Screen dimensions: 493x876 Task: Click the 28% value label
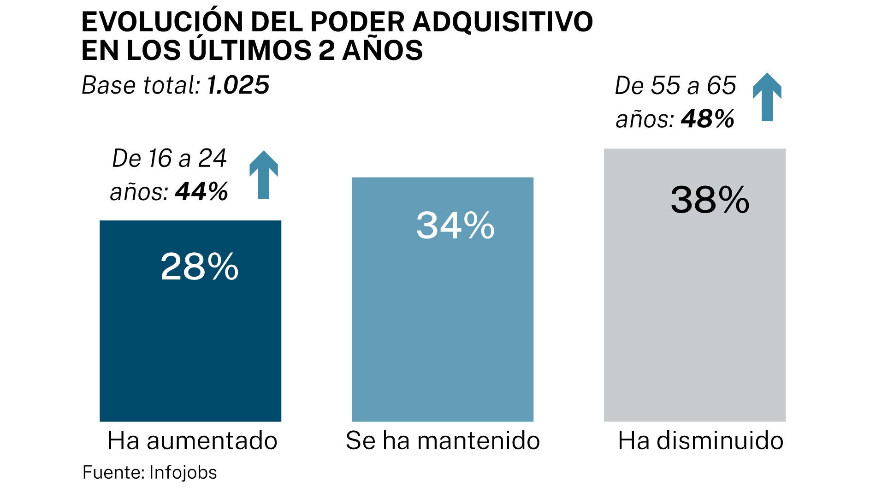(199, 267)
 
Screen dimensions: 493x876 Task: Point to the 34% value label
(455, 226)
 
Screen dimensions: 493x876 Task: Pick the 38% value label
(710, 200)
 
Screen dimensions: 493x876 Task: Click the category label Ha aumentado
(192, 440)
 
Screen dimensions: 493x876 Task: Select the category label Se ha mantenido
(443, 440)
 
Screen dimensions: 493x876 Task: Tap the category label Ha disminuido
(700, 440)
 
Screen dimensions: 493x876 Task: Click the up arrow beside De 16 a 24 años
(264, 175)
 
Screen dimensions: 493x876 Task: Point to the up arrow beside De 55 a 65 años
(767, 97)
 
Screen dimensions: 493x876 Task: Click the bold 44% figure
(201, 191)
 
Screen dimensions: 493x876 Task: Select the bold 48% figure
(707, 119)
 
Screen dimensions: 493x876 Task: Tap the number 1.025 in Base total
(238, 85)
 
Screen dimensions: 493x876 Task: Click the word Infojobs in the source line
(183, 473)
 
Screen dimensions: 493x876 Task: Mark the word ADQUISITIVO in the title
(502, 22)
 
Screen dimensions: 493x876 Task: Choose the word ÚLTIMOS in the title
(250, 50)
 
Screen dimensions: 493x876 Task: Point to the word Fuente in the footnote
(113, 473)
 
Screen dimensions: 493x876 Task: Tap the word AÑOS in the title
(382, 50)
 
